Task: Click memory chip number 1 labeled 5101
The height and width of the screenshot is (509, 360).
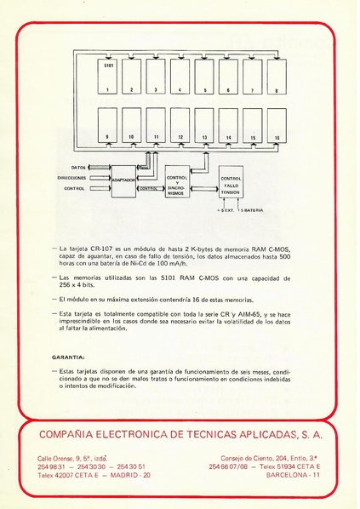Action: pos(108,76)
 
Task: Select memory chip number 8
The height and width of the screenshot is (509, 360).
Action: pos(277,76)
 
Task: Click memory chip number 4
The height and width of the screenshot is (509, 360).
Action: pos(180,76)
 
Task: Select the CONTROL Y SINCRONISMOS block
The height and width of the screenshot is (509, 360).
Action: pos(176,181)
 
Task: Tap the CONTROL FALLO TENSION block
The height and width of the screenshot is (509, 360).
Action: pos(231,183)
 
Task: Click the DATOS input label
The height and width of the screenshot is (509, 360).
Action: pos(78,167)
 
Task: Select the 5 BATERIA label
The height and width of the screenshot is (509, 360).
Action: pos(250,209)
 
